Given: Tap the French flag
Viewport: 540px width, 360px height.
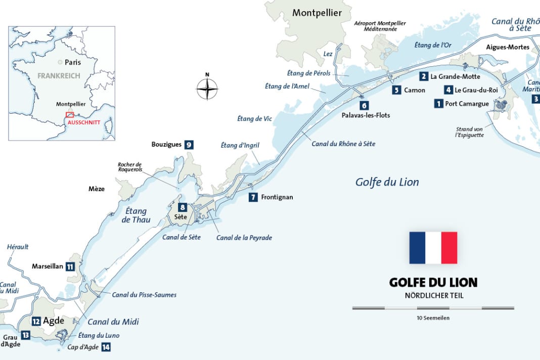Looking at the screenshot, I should click(x=433, y=248).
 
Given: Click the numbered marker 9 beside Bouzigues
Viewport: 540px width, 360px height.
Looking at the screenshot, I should click(x=189, y=145).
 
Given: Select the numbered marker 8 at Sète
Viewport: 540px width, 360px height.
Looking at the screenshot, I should click(x=182, y=207).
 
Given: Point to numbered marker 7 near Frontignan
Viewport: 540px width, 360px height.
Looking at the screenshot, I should click(x=253, y=198).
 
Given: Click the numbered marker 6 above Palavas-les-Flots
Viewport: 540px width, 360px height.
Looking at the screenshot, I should click(x=364, y=106).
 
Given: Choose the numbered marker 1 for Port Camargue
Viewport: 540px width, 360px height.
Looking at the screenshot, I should click(x=438, y=104).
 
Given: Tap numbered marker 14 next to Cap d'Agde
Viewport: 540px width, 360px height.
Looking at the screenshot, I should click(x=106, y=347).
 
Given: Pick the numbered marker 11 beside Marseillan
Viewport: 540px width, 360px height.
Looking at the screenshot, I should click(x=70, y=266).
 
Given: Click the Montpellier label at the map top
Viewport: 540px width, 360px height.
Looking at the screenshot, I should click(x=317, y=13).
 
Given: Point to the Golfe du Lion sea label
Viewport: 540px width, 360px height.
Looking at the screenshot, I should click(x=387, y=182).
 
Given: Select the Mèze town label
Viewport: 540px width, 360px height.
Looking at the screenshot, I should click(x=96, y=189).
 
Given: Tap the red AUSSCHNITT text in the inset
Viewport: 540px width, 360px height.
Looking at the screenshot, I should click(x=84, y=122).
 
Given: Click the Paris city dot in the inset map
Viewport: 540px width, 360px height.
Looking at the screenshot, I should click(x=60, y=62).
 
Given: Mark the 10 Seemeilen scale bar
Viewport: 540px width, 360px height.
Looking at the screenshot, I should click(x=433, y=307).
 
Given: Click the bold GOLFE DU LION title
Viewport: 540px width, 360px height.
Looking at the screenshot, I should click(x=433, y=282).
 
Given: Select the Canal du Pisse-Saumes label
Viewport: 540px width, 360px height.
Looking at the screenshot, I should click(x=144, y=295).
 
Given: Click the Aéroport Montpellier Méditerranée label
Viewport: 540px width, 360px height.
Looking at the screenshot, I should click(x=380, y=26).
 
